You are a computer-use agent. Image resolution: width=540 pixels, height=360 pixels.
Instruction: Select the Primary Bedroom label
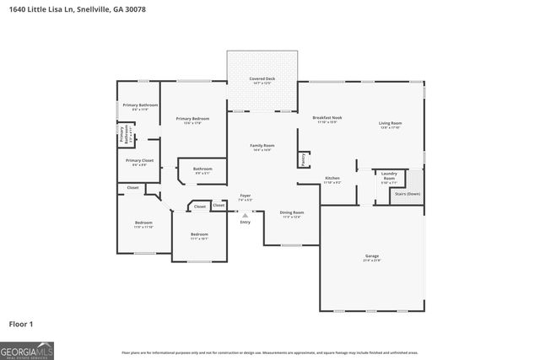coord(192,119)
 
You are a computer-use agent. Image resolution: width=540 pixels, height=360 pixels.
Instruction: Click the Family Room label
coord(262,146)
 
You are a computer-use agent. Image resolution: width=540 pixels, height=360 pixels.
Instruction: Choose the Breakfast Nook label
coord(327,118)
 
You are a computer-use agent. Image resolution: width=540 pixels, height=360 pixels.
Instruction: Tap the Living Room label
coord(390,124)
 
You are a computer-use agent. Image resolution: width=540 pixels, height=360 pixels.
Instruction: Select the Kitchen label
coord(332,179)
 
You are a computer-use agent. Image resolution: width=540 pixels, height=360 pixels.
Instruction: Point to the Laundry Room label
coord(389,177)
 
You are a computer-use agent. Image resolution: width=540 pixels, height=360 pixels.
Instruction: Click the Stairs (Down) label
coord(407,193)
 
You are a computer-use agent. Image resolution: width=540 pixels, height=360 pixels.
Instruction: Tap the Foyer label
coord(245,195)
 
